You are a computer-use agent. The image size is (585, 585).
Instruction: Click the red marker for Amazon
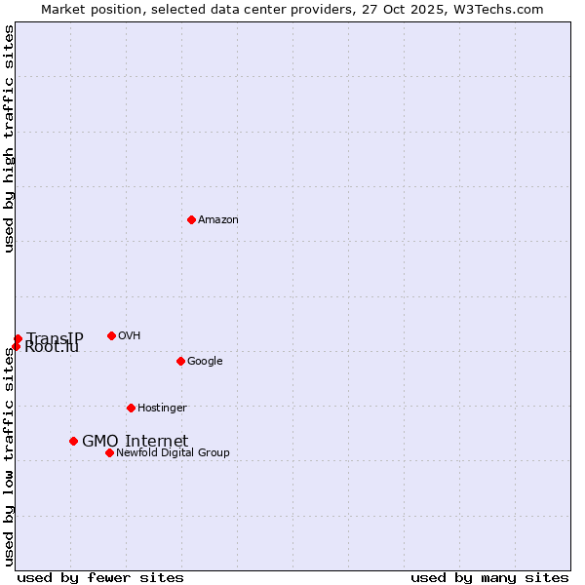click(x=191, y=219)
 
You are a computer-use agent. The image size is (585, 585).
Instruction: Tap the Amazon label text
click(x=218, y=220)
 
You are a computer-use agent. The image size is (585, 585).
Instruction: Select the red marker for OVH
click(x=111, y=335)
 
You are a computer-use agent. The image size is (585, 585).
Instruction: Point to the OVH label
click(x=130, y=336)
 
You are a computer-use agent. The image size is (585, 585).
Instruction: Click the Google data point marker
click(x=180, y=361)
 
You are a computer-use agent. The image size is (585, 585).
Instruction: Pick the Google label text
click(x=205, y=362)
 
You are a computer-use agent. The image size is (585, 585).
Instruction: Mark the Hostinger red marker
click(x=131, y=408)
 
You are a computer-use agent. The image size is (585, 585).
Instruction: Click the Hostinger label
click(x=162, y=409)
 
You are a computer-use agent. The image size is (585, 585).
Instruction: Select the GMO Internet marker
click(x=73, y=441)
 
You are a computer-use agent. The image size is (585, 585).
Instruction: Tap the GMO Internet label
click(x=135, y=442)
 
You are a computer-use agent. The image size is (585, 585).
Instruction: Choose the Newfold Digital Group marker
click(x=109, y=452)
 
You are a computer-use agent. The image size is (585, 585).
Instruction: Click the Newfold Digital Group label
click(x=173, y=453)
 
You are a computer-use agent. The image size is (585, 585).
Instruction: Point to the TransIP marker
click(x=18, y=338)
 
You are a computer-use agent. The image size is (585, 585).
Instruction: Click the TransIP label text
click(x=56, y=337)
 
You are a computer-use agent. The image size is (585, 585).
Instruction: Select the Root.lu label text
click(x=52, y=348)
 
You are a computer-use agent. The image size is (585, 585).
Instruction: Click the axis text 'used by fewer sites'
click(x=100, y=577)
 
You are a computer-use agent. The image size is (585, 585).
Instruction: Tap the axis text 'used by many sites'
click(x=489, y=577)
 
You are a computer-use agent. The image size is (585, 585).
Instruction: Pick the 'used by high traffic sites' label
click(x=9, y=138)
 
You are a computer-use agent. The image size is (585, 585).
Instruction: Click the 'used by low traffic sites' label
click(x=9, y=455)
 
